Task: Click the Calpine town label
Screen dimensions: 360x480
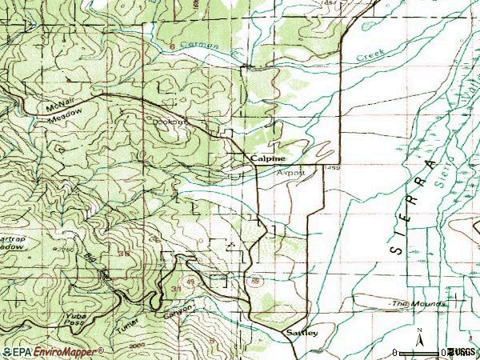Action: pos(266,159)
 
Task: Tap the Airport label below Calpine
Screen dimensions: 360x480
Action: pos(290,172)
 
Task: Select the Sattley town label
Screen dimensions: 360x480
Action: pos(302,332)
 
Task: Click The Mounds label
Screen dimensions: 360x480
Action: pos(412,305)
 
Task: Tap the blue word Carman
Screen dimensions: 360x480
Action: pos(201,46)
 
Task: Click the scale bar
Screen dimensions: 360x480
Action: pos(420,352)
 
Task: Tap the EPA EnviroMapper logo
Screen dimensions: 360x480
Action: pos(53,351)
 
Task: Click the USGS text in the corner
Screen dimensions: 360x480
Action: pos(464,352)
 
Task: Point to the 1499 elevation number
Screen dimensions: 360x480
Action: pos(334,169)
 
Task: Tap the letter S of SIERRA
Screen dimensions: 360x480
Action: pos(395,249)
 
